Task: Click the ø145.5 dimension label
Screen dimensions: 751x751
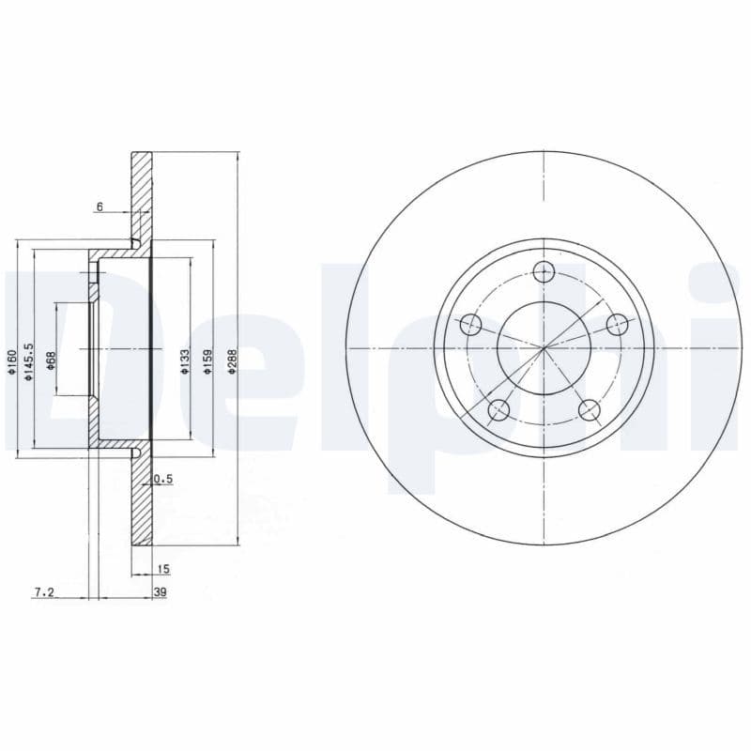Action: tap(29, 360)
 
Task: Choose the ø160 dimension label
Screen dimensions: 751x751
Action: tap(11, 362)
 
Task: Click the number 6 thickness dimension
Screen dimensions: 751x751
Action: tap(100, 207)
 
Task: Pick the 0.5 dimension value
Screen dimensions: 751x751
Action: tap(163, 479)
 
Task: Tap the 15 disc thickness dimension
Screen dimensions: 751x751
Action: tap(163, 569)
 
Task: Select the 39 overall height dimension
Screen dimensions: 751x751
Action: tap(161, 592)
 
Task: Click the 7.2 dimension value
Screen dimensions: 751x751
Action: tap(44, 592)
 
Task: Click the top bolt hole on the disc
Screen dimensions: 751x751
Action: tap(544, 272)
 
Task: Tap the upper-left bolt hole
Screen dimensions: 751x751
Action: tap(471, 326)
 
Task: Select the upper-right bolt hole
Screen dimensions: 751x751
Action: tap(617, 325)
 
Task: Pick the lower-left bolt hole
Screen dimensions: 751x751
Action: tap(499, 409)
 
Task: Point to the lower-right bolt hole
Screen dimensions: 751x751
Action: tap(589, 409)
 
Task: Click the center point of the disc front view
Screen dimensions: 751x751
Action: tap(544, 348)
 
